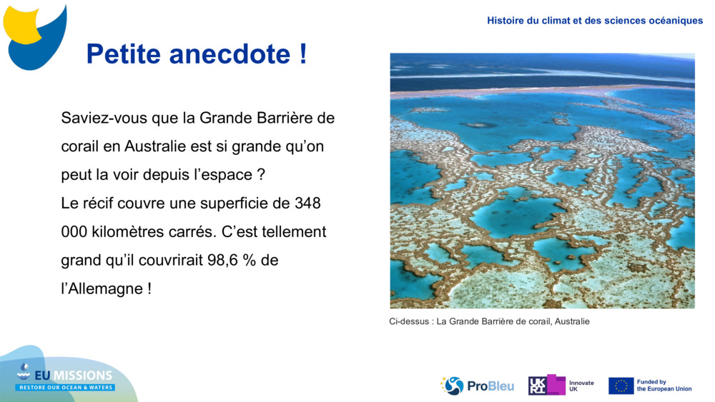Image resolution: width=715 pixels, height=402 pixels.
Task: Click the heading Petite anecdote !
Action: (x=196, y=54)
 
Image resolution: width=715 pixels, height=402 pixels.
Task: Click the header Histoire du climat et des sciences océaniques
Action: (x=595, y=21)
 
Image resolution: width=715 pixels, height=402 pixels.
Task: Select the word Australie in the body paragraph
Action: (x=162, y=146)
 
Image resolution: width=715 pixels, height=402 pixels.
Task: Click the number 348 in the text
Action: (x=307, y=203)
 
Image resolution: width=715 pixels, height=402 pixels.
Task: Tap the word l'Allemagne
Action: (x=102, y=289)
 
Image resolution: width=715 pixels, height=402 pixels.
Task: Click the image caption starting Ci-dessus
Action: (x=489, y=322)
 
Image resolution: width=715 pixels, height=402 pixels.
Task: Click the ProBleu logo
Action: (x=477, y=386)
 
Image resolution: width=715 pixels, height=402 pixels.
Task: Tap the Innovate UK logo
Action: (x=561, y=386)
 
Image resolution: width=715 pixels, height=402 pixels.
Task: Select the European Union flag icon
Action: (x=621, y=386)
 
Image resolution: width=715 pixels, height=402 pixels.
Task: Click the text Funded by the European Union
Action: (x=664, y=386)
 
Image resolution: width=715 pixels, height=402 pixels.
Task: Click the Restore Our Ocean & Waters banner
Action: (x=66, y=388)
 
